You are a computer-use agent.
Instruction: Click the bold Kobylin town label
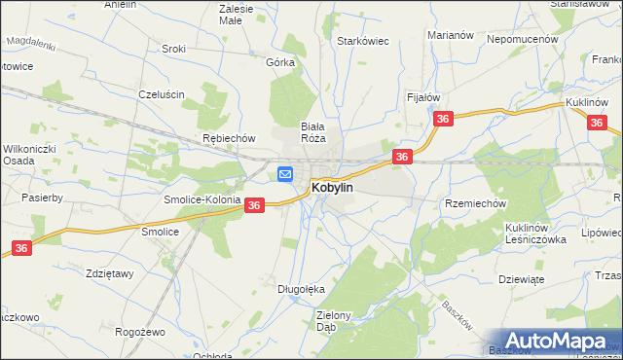(331, 186)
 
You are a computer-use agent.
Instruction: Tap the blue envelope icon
(285, 174)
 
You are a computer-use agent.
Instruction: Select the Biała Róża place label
(311, 131)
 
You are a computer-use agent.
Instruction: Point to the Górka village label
(280, 61)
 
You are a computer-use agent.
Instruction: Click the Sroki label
(174, 49)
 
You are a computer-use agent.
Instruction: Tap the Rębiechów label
(228, 138)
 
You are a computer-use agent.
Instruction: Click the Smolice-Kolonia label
(202, 198)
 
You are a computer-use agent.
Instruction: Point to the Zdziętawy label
(109, 273)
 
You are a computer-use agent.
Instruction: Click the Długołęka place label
(301, 289)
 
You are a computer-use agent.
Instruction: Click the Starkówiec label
(363, 42)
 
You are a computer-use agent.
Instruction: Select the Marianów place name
(450, 35)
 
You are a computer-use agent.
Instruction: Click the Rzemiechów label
(476, 203)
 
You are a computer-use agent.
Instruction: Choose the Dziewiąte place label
(520, 278)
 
